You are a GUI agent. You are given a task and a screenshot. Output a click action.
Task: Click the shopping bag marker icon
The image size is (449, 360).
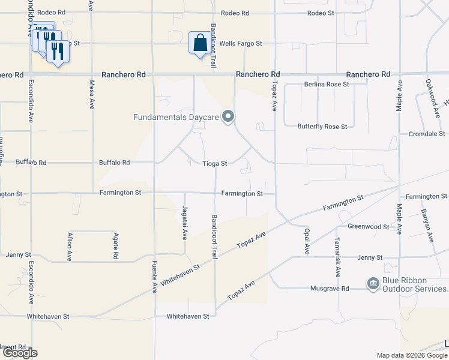pos(199,43)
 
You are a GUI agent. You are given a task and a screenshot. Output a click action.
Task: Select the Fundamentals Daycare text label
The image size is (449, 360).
pos(176,117)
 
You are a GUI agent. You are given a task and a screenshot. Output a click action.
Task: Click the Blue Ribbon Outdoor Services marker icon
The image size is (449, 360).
pos(373,283)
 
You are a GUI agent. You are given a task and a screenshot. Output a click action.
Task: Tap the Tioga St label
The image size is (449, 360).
pos(215,163)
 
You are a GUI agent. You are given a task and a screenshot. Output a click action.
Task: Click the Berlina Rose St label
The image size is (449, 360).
pos(327,85)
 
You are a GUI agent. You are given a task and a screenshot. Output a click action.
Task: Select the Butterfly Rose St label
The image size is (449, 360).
pos(322,127)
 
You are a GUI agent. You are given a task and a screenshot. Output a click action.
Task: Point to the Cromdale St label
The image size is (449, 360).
pos(427,134)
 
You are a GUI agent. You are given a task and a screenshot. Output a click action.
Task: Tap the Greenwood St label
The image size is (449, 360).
pos(369,227)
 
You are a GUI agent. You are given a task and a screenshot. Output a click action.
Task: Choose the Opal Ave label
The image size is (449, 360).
pos(306,240)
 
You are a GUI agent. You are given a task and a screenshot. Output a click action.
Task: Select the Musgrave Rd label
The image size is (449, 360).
pos(330,289)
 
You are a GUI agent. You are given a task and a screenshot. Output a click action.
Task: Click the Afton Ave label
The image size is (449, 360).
pos(70,245)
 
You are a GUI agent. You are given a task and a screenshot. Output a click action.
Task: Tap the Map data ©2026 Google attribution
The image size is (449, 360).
pos(412,355)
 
